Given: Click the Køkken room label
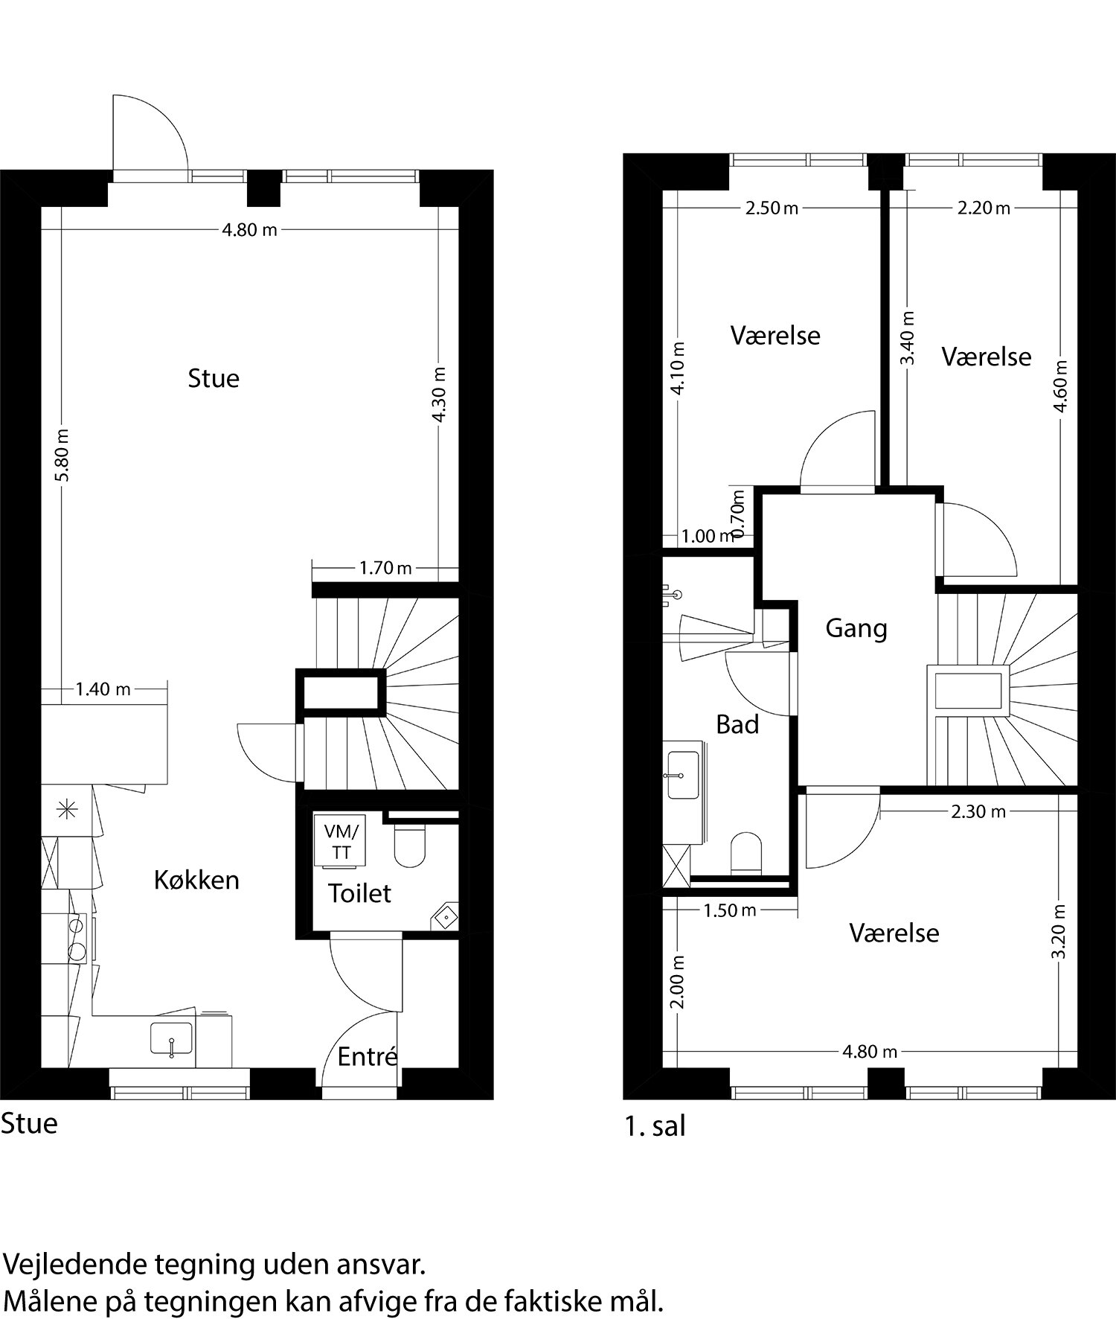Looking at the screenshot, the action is [x=196, y=880].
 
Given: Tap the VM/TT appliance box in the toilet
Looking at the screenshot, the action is [x=341, y=841].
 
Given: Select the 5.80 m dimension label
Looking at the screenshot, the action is [x=62, y=454].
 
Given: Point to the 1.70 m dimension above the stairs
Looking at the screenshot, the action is [x=385, y=569].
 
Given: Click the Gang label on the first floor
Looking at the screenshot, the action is [x=856, y=629].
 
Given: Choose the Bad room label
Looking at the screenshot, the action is [x=737, y=724].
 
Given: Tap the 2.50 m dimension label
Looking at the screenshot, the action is [x=772, y=208].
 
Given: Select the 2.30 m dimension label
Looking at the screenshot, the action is [x=978, y=811].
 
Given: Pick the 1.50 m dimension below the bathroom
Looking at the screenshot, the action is [x=729, y=910].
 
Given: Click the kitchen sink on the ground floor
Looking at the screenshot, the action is [x=172, y=1038].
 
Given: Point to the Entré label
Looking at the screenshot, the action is [x=367, y=1056].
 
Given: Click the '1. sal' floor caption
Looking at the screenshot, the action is [x=655, y=1127].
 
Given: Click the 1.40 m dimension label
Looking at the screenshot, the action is [x=103, y=689].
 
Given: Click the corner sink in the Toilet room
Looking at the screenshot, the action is [x=445, y=916].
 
